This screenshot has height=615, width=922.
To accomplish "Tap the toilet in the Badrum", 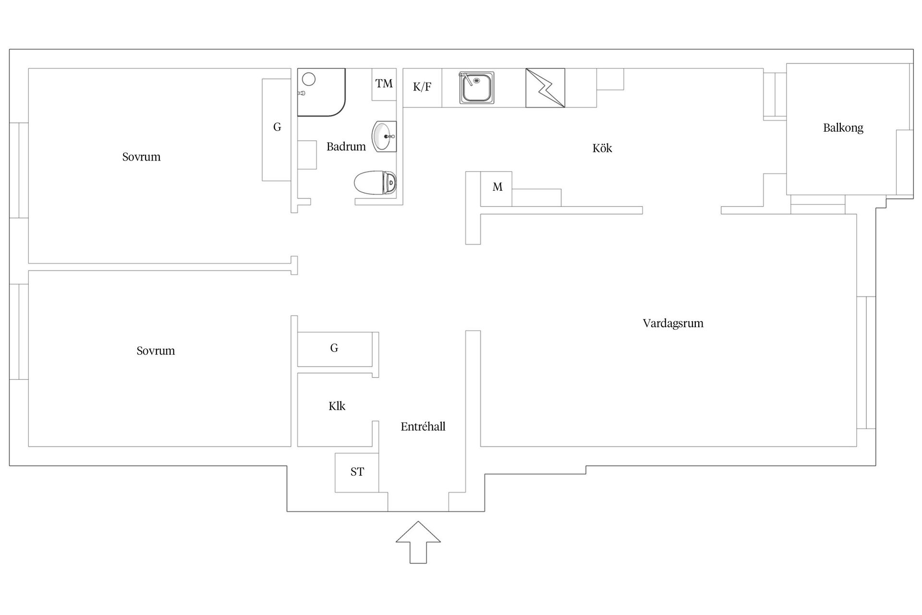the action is click(x=376, y=183).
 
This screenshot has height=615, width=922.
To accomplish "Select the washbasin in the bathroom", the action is click(x=384, y=136).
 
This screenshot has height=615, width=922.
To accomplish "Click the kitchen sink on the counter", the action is click(x=477, y=87).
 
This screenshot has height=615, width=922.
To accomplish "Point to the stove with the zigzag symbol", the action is click(x=545, y=88).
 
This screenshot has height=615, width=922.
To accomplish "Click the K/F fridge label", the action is click(x=422, y=87).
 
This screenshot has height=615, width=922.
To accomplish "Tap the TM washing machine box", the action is click(x=384, y=85).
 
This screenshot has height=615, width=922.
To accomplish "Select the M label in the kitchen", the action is click(x=497, y=187).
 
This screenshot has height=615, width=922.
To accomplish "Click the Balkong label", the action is click(x=843, y=128).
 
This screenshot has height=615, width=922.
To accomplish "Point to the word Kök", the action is click(x=602, y=148).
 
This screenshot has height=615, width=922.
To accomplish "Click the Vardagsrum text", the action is click(x=673, y=323).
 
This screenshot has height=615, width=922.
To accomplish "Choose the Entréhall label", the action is click(x=423, y=427).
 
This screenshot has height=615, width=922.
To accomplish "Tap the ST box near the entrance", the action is click(x=357, y=472).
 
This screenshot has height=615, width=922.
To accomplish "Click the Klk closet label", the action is click(x=337, y=406).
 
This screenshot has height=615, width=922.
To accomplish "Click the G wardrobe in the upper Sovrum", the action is click(x=277, y=130).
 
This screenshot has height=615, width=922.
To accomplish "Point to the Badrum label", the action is click(x=346, y=147).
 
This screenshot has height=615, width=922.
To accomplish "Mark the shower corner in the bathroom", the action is click(x=321, y=92).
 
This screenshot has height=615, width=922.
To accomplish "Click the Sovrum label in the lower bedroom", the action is click(x=156, y=351).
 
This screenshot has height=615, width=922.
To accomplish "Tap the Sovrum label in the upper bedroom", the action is click(x=141, y=157).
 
